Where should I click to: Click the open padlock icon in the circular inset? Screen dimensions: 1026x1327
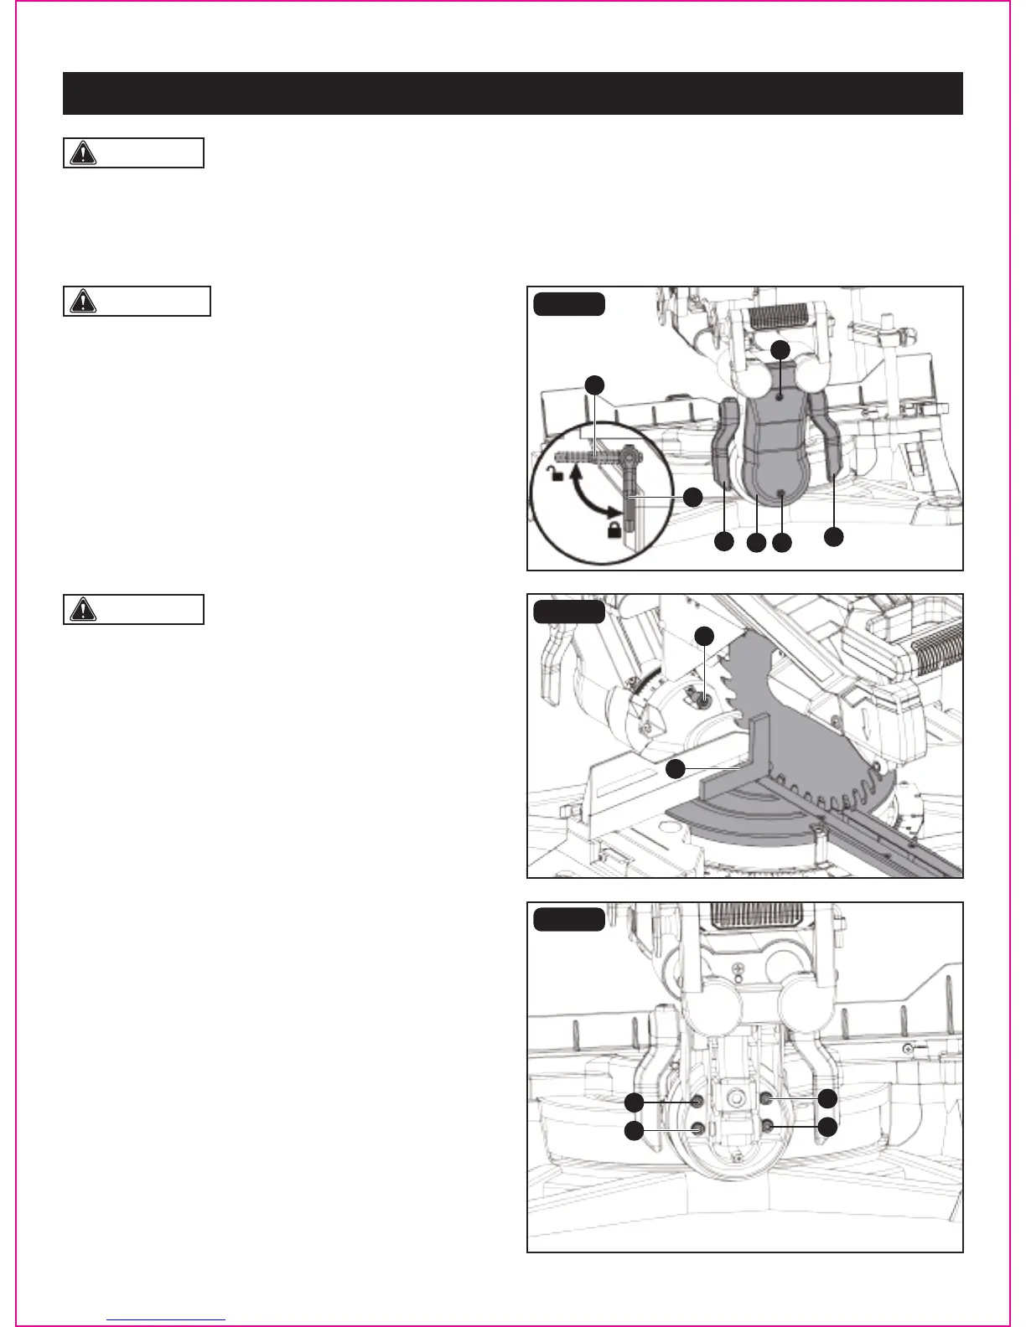554,475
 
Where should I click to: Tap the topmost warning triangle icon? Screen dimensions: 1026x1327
82,153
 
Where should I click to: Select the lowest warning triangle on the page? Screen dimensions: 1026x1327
82,609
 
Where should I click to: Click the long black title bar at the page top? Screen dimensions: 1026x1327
512,93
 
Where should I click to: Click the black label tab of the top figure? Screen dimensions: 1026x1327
569,303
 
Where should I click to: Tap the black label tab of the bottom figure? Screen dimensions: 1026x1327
569,919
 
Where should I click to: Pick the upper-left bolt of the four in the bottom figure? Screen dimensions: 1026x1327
696,1099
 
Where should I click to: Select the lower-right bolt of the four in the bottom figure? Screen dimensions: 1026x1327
768,1128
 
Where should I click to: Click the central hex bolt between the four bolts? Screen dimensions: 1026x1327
735,1096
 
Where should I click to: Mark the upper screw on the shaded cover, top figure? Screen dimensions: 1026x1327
780,400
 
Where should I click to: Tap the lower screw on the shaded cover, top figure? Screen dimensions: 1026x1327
780,494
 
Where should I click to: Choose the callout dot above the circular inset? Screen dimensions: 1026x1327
594,385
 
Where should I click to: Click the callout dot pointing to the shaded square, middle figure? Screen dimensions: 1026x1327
676,768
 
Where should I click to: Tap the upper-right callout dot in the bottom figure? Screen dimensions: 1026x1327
827,1098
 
